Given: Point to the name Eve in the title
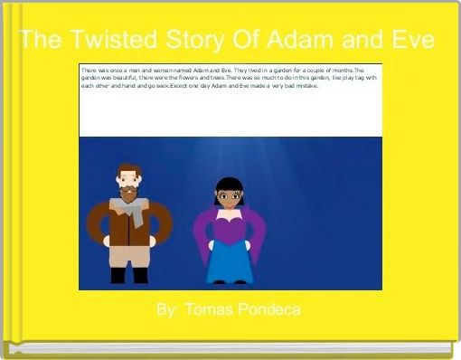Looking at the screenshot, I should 408,42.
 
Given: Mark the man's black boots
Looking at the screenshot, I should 127,275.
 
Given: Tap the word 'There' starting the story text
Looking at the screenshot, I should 89,70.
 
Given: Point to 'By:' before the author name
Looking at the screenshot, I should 167,310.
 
